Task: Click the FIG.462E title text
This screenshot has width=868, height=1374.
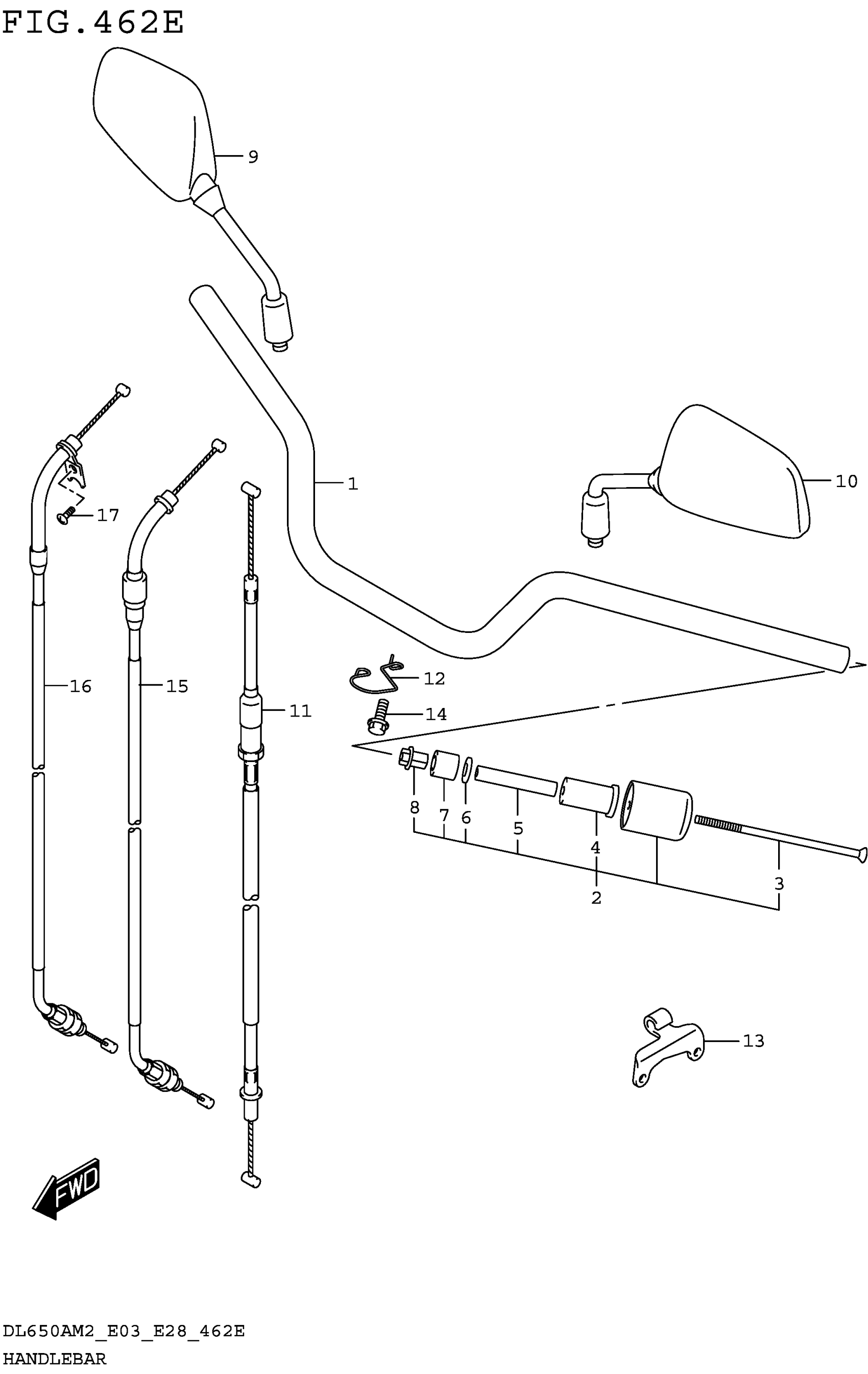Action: pyautogui.click(x=93, y=23)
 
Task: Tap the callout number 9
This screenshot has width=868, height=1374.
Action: pyautogui.click(x=253, y=157)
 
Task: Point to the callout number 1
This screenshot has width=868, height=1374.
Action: pyautogui.click(x=353, y=484)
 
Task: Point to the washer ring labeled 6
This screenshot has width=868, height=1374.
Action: pyautogui.click(x=467, y=770)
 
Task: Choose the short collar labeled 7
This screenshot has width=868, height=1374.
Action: pyautogui.click(x=445, y=765)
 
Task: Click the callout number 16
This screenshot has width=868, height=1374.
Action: pyautogui.click(x=81, y=686)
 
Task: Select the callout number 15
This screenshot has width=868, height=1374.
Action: pyautogui.click(x=177, y=686)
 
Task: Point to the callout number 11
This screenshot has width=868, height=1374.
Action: pyautogui.click(x=300, y=711)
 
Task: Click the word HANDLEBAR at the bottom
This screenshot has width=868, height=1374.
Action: pyautogui.click(x=55, y=1359)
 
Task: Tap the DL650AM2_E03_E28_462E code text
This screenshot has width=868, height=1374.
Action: pyautogui.click(x=124, y=1331)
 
